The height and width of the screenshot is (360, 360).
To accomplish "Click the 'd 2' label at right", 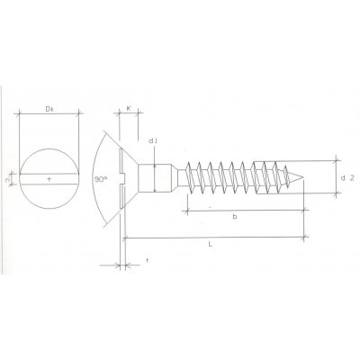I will (x=346, y=179).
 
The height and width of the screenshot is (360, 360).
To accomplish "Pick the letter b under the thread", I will (x=234, y=217).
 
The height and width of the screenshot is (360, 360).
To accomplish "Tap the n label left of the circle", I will (x=6, y=181).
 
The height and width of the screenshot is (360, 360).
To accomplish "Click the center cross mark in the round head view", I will (x=49, y=181).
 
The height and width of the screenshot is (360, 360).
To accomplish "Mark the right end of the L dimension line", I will (x=305, y=238).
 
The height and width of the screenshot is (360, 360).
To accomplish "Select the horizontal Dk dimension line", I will (x=50, y=114).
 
